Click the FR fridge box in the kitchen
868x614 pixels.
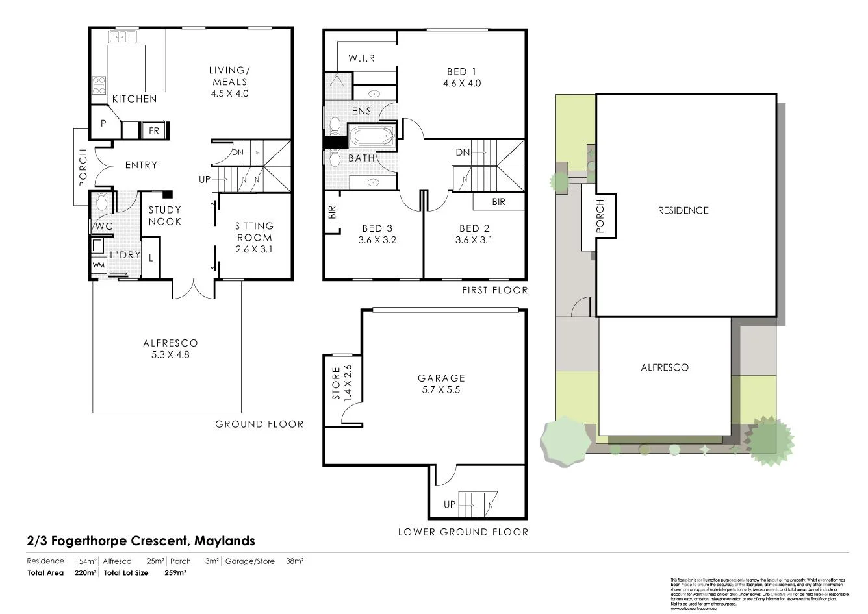pos(154,130)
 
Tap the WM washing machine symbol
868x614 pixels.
pos(98,265)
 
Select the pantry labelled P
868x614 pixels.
pos(103,122)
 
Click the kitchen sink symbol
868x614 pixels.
pos(123,38)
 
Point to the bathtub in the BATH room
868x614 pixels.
pos(372,137)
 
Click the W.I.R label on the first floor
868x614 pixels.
pos(361,58)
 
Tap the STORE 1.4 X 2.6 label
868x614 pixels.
pos(341,384)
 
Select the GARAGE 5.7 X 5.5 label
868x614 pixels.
pos(441,384)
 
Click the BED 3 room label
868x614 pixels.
pos(377,234)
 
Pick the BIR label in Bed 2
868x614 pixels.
pos(498,203)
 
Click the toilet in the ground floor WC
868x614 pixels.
pos(101,201)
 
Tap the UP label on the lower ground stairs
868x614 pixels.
pos(450,504)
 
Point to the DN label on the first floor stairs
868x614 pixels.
pos(463,153)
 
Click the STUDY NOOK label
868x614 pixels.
pos(165,215)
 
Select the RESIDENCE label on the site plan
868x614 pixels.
pos(683,210)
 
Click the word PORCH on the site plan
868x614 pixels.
pos(600,216)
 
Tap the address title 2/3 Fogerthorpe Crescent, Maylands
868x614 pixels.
pos(141,541)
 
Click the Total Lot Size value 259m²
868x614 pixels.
pos(175,573)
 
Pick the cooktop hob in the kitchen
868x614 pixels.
pos(99,85)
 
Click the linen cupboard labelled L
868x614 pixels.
pos(151,258)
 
